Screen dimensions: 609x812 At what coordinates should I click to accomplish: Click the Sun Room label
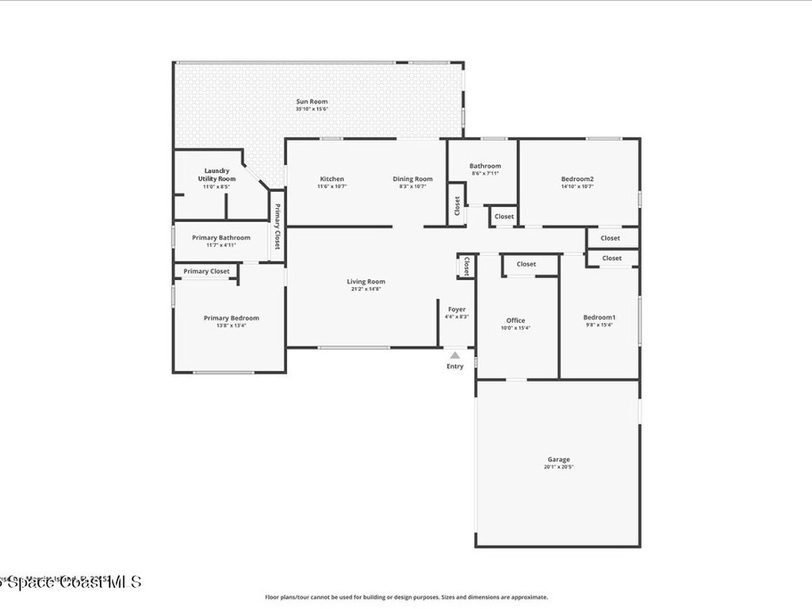click(x=312, y=101)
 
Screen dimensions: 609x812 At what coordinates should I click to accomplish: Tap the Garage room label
click(x=558, y=459)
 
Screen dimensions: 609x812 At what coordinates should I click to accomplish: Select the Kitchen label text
click(x=331, y=179)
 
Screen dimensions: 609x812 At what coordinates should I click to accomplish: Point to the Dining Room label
click(x=412, y=179)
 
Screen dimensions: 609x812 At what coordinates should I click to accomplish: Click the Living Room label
click(x=366, y=282)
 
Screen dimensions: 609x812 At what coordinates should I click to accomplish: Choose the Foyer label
click(x=457, y=309)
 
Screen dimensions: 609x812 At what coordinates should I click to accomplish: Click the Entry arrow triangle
click(x=454, y=356)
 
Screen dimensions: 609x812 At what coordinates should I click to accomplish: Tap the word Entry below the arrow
click(x=455, y=366)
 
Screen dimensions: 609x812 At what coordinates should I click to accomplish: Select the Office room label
click(x=515, y=320)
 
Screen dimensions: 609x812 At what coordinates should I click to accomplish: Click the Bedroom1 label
click(x=599, y=318)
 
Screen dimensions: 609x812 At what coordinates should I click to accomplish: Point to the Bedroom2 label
click(x=577, y=179)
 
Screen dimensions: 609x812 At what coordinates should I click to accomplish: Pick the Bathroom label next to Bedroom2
click(x=485, y=167)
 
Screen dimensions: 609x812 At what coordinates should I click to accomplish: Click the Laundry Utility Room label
click(x=216, y=174)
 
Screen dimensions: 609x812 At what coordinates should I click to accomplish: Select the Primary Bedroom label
click(x=231, y=318)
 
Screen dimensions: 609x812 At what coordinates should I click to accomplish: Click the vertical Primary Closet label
click(x=278, y=228)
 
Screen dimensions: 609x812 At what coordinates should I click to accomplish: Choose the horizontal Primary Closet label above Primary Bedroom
click(x=206, y=271)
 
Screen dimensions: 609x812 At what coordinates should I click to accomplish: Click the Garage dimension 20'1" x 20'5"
click(x=558, y=467)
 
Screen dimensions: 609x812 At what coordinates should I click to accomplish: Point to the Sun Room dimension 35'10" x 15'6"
click(x=312, y=109)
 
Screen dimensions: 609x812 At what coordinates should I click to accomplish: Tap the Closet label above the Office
click(x=526, y=264)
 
